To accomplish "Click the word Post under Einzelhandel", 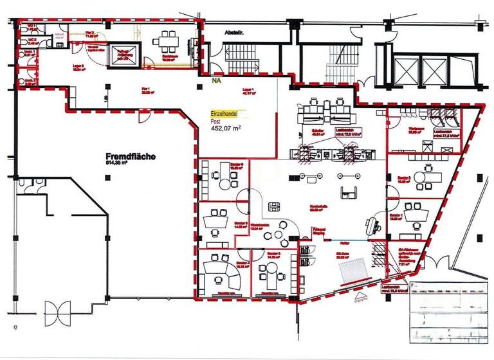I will tap(217, 120).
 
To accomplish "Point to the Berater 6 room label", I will tap(237, 165).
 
